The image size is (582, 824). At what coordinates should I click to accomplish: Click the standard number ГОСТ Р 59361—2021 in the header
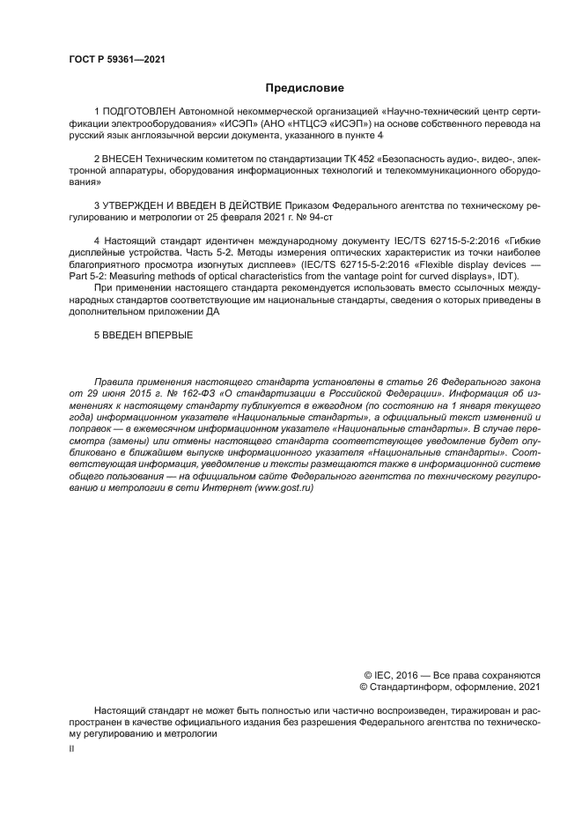click(116, 60)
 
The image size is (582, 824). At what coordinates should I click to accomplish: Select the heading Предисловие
click(305, 88)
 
